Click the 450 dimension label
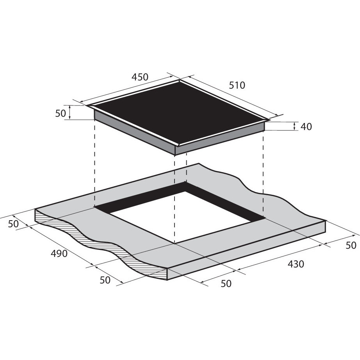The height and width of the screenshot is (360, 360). (x=140, y=77)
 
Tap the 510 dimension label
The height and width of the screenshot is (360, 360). (x=237, y=86)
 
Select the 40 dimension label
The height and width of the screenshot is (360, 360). (x=306, y=127)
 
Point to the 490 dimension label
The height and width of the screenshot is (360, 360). (x=59, y=254)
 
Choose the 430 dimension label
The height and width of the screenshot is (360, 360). (x=296, y=264)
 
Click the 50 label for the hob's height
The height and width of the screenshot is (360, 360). (x=61, y=113)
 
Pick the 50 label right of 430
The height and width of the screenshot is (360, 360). (x=351, y=245)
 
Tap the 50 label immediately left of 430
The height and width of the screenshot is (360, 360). (x=226, y=284)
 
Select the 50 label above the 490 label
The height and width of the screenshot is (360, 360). (x=13, y=224)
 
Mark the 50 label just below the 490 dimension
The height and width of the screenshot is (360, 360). (x=105, y=280)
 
